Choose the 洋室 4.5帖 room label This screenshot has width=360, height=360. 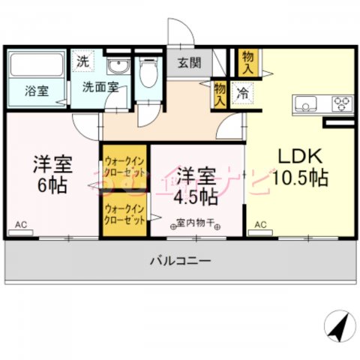coord(197,187)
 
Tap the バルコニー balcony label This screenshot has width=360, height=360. coord(179,262)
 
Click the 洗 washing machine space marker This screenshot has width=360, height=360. coord(81,62)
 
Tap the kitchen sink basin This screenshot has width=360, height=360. coord(307,102)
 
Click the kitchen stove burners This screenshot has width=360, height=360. coord(341,102)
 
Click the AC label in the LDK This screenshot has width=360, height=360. coord(260,224)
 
